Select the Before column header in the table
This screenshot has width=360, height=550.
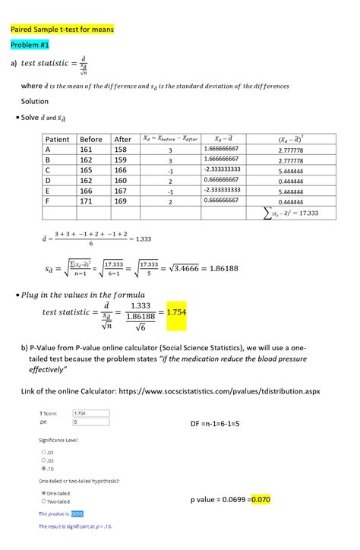(90, 139)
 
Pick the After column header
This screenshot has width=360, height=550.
(122, 139)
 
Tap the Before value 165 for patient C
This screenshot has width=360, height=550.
(90, 172)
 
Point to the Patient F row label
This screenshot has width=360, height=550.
(48, 203)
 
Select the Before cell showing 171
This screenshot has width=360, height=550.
(90, 203)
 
